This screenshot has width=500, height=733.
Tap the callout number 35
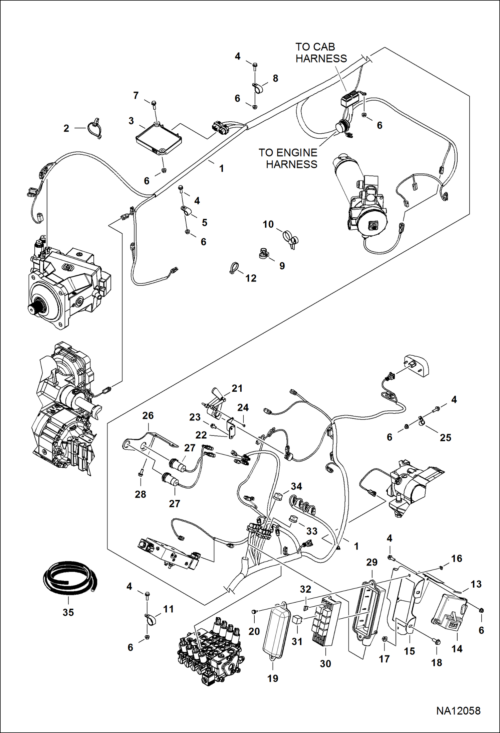tap(68, 612)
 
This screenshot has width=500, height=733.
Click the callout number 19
tap(273, 678)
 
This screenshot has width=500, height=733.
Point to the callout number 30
tap(325, 663)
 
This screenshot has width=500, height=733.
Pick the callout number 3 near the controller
tap(131, 121)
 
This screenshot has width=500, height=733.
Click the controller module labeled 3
tap(159, 139)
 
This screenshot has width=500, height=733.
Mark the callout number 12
tap(251, 278)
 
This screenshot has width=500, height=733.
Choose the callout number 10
tap(268, 224)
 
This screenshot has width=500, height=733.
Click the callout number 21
tap(237, 388)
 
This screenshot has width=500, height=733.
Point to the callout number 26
tap(148, 415)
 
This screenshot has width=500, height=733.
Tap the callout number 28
tap(140, 494)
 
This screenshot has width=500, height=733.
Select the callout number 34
tap(296, 486)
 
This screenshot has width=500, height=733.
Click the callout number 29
tap(372, 562)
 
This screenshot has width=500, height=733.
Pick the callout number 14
tap(457, 649)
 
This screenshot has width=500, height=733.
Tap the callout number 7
tap(136, 96)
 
